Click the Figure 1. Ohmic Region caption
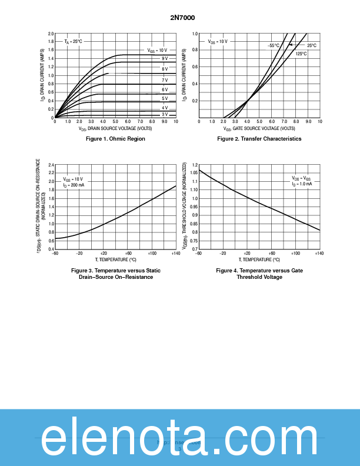click(115, 139)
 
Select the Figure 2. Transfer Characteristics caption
click(259, 139)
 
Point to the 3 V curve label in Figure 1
click(165, 114)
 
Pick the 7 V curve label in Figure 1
click(165, 79)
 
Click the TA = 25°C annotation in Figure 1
click(74, 42)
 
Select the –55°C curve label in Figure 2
click(274, 45)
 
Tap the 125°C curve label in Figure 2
click(301, 54)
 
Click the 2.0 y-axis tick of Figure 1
click(51, 34)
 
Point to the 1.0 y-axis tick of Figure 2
click(195, 34)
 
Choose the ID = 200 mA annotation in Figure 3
click(74, 185)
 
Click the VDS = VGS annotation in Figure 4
click(301, 178)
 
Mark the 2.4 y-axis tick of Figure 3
click(51, 165)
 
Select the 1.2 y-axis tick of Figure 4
click(195, 165)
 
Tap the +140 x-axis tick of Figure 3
click(176, 253)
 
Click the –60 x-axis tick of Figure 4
click(199, 253)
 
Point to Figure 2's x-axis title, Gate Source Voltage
click(259, 128)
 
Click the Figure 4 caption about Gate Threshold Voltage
click(259, 274)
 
